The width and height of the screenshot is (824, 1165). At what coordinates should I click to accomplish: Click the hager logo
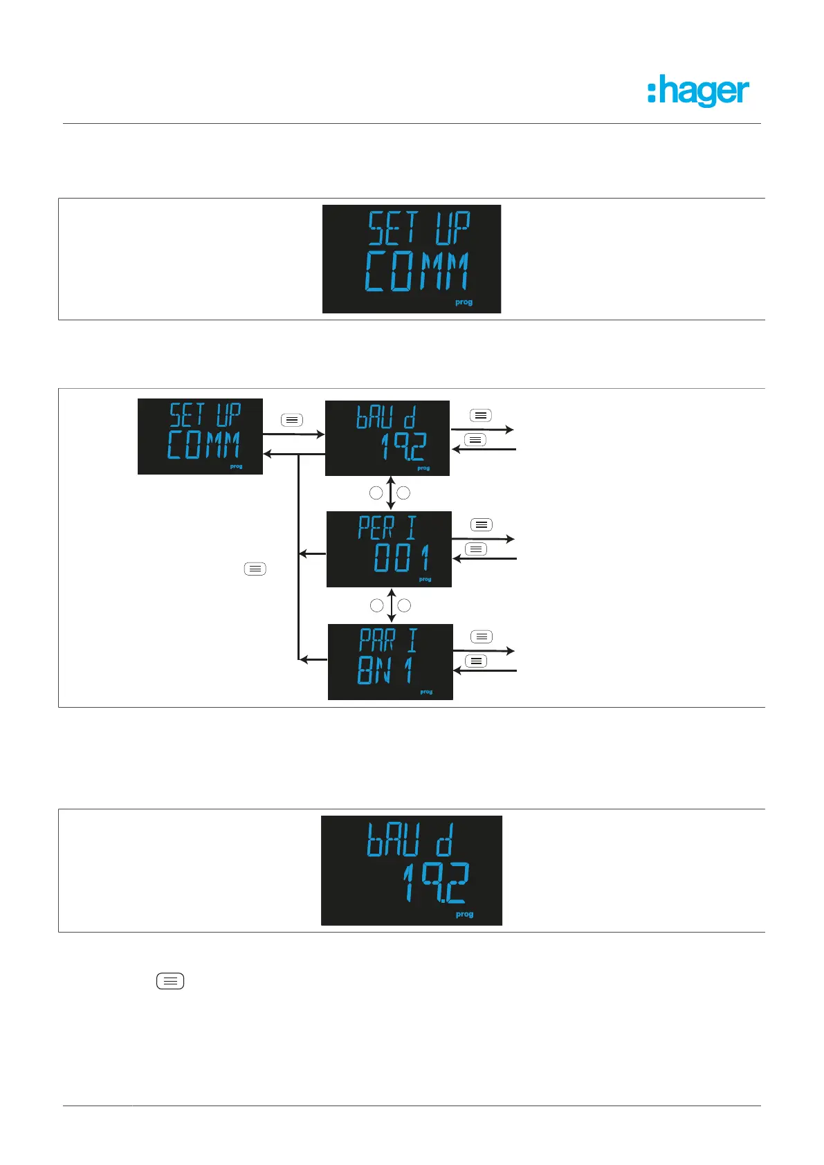click(x=698, y=91)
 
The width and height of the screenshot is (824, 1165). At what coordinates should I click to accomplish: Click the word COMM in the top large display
click(x=416, y=271)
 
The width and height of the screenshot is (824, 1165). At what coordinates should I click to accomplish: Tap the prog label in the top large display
click(x=464, y=302)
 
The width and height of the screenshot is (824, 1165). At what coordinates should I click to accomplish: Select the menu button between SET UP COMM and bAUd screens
click(x=292, y=420)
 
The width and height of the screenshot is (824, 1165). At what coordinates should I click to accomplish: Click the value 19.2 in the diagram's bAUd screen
click(x=403, y=447)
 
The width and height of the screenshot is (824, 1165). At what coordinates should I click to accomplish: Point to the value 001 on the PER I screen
click(x=401, y=558)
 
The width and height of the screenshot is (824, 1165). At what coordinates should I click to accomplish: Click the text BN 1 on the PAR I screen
click(x=385, y=670)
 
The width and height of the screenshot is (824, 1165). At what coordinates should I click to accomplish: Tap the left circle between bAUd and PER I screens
click(x=376, y=493)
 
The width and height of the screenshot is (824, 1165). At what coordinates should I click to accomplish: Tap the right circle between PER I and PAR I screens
click(x=405, y=605)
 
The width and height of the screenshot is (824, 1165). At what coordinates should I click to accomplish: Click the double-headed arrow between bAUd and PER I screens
click(x=391, y=493)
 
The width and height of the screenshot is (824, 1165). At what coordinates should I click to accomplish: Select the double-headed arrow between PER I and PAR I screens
click(x=392, y=605)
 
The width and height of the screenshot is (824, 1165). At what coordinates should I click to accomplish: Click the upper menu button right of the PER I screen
click(x=482, y=525)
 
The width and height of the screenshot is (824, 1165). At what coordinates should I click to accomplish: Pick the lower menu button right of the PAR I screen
click(x=476, y=661)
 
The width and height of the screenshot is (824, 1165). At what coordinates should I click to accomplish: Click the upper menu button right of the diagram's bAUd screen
click(x=481, y=416)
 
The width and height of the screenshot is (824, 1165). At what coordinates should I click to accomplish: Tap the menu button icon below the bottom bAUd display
click(x=170, y=981)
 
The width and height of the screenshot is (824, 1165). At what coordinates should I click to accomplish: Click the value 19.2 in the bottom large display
click(x=436, y=883)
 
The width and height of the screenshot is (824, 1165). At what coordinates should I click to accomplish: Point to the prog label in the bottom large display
click(x=464, y=914)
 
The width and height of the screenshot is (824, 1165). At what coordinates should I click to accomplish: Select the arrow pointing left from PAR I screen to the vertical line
click(x=312, y=659)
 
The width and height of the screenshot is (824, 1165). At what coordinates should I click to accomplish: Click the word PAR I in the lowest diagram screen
click(x=388, y=641)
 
